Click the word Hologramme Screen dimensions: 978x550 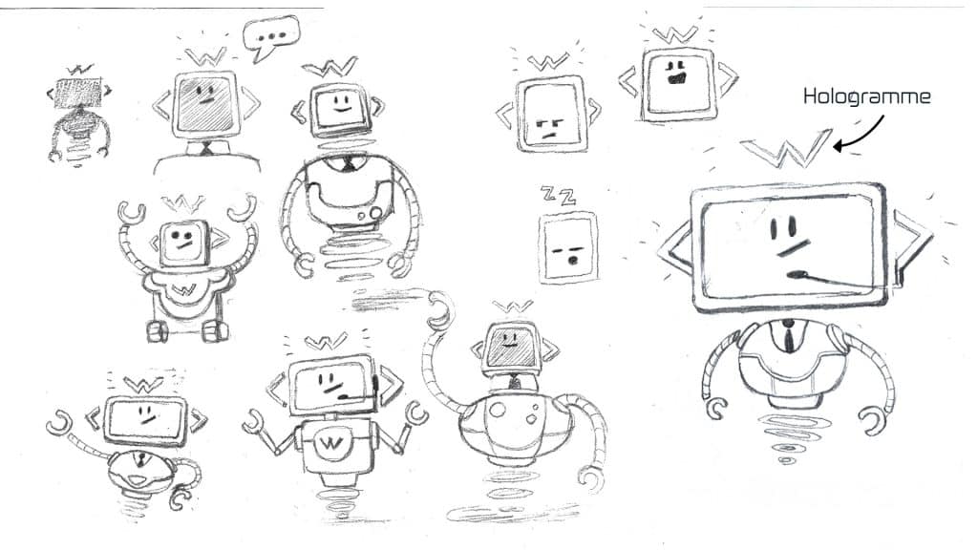[866, 96]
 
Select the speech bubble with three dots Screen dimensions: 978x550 [271, 37]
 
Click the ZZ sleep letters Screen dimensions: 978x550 [558, 196]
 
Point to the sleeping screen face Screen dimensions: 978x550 [568, 247]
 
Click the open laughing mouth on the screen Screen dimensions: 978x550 [676, 79]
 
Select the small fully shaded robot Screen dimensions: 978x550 [79, 115]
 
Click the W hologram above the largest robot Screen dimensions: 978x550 [787, 148]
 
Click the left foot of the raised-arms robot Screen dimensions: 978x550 [158, 331]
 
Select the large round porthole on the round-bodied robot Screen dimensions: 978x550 [498, 411]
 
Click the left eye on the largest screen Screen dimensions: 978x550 [773, 228]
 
